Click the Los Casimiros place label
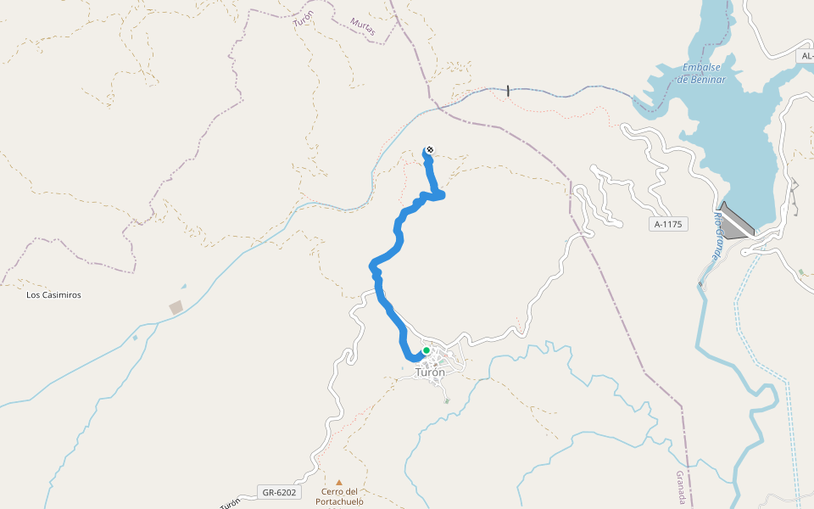tap(53, 295)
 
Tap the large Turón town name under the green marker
tap(430, 372)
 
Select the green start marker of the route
tap(427, 350)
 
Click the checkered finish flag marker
tap(430, 150)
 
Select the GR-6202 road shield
tap(279, 492)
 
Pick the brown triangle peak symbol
tap(339, 482)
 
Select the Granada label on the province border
tap(680, 487)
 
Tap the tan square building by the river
tap(176, 307)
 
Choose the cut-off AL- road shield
tap(806, 56)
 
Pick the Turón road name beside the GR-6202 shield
tap(230, 502)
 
